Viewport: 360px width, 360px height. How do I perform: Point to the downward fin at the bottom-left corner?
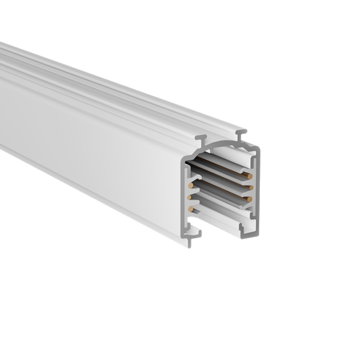[x=188, y=241]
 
